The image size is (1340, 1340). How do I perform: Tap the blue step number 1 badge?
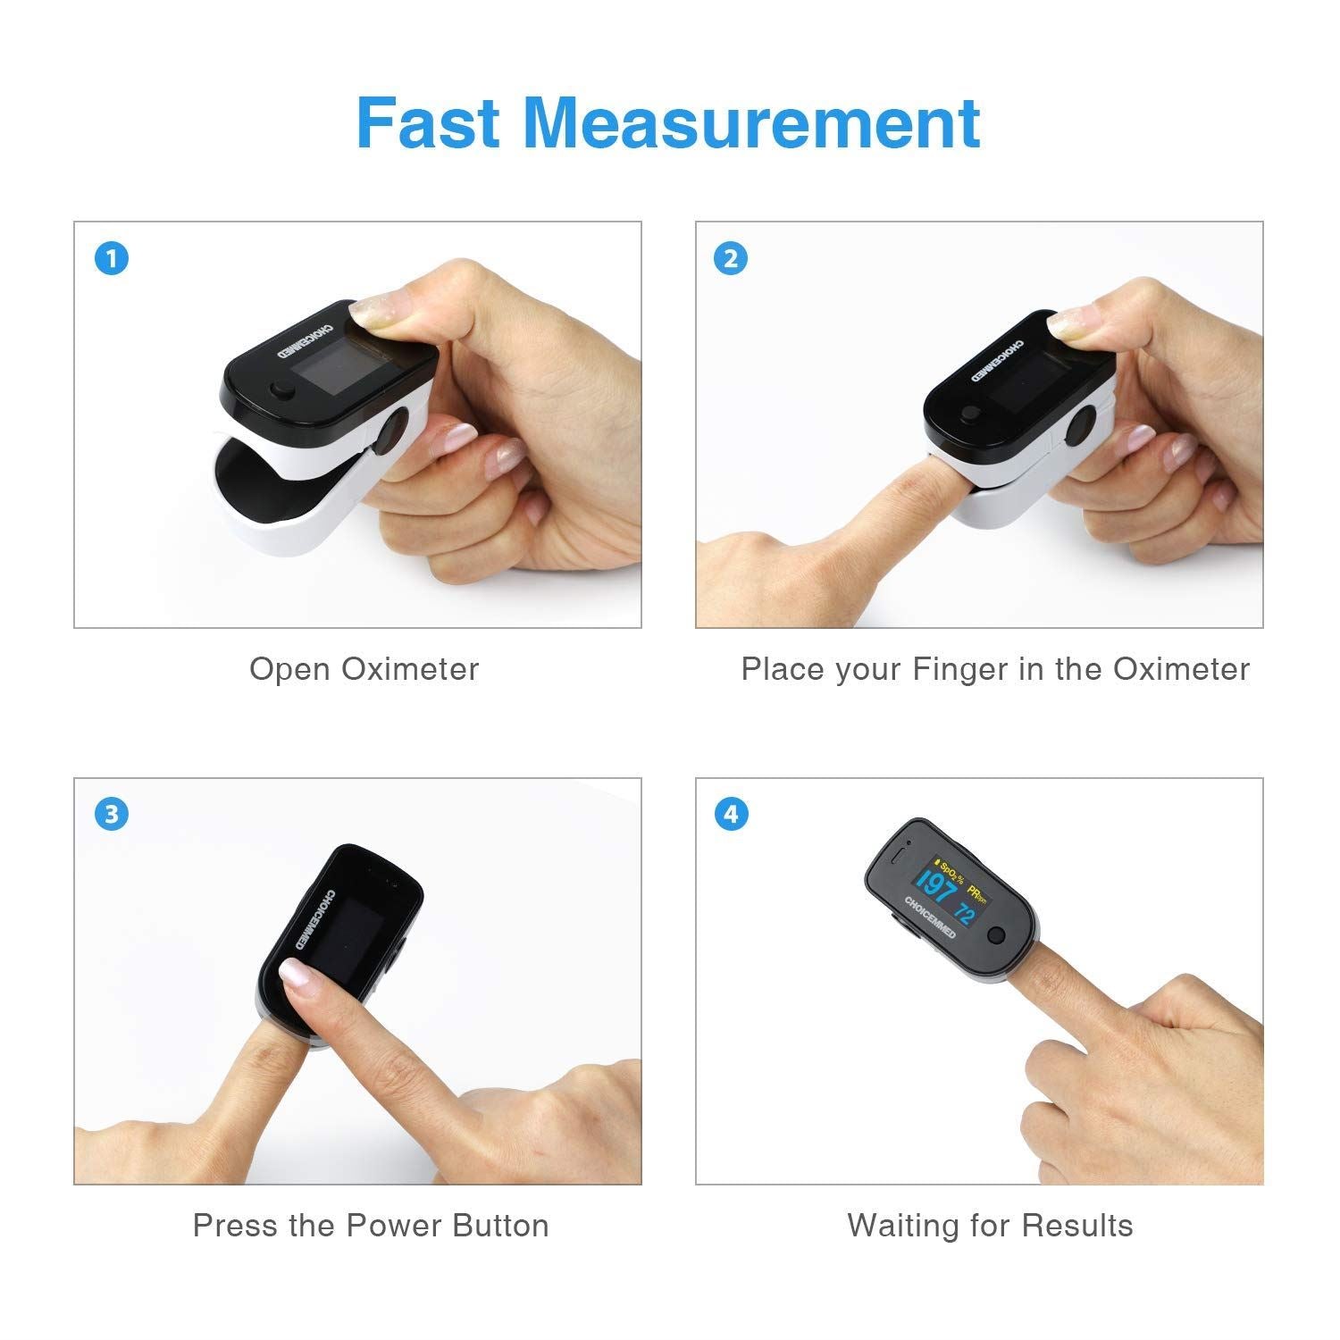pyautogui.click(x=112, y=259)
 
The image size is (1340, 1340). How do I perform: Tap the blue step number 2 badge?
pyautogui.click(x=731, y=259)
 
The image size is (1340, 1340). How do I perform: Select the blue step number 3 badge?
pyautogui.click(x=112, y=815)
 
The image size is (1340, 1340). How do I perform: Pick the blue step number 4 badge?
pyautogui.click(x=731, y=815)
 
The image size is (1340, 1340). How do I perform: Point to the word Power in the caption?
pyautogui.click(x=395, y=1225)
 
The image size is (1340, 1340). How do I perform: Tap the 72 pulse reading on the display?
pyautogui.click(x=964, y=913)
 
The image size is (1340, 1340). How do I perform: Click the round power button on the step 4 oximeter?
pyautogui.click(x=996, y=937)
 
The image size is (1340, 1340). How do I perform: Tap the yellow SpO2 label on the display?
pyautogui.click(x=949, y=870)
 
